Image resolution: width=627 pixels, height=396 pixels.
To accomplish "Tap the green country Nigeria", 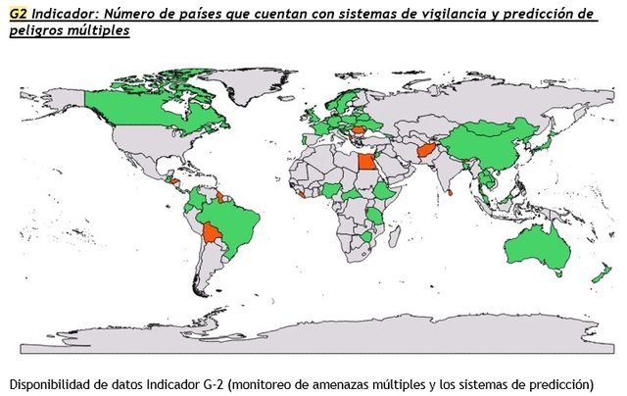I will pyautogui.click(x=335, y=187).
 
